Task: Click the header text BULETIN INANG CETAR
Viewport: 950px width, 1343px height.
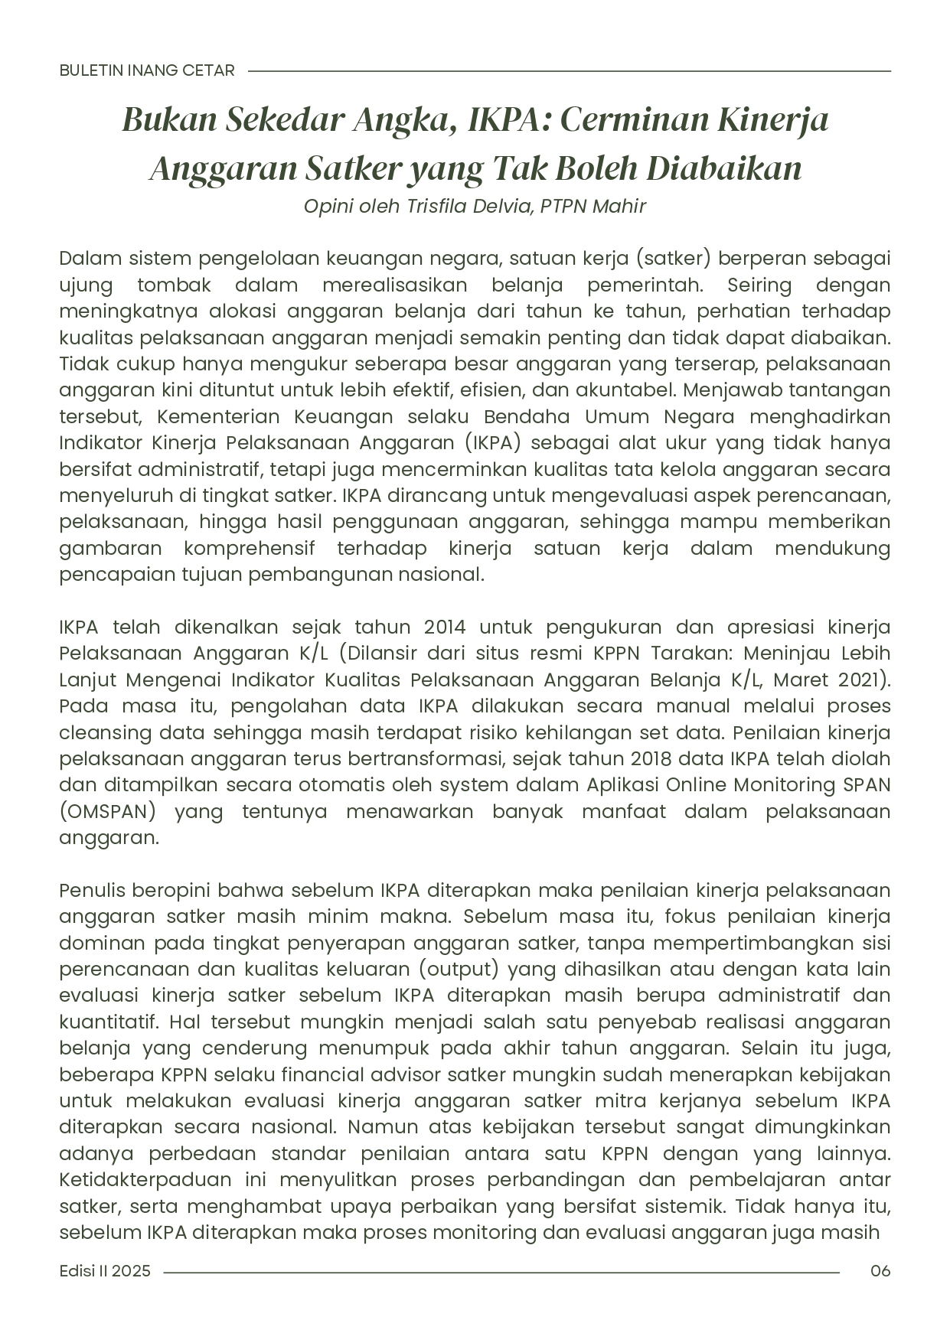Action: pyautogui.click(x=147, y=70)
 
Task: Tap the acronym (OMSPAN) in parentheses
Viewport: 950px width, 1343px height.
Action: pyautogui.click(x=107, y=812)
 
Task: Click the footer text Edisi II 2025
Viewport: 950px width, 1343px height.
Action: pyautogui.click(x=105, y=1271)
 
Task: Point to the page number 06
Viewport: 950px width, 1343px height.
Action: pyautogui.click(x=880, y=1271)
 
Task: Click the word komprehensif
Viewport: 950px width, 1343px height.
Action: pyautogui.click(x=249, y=549)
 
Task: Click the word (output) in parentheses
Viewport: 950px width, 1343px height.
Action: pyautogui.click(x=459, y=970)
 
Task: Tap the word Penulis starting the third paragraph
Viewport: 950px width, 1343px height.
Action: pyautogui.click(x=93, y=891)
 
